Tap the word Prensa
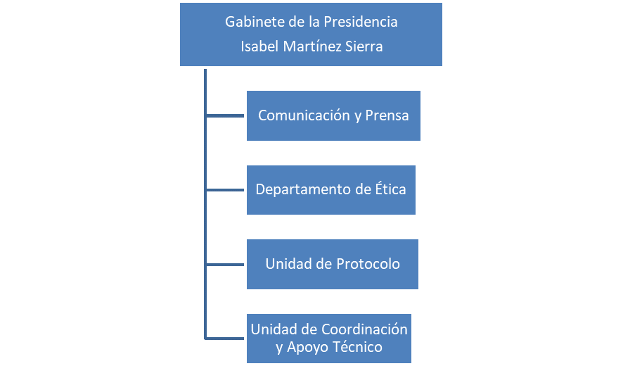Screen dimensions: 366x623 coord(387,115)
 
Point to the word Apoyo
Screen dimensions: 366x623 coord(306,347)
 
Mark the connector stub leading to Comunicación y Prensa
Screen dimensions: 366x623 coord(225,115)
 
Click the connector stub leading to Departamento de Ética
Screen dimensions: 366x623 coord(225,190)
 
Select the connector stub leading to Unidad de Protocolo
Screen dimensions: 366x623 coord(225,265)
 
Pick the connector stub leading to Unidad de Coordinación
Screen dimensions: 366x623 coord(225,338)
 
